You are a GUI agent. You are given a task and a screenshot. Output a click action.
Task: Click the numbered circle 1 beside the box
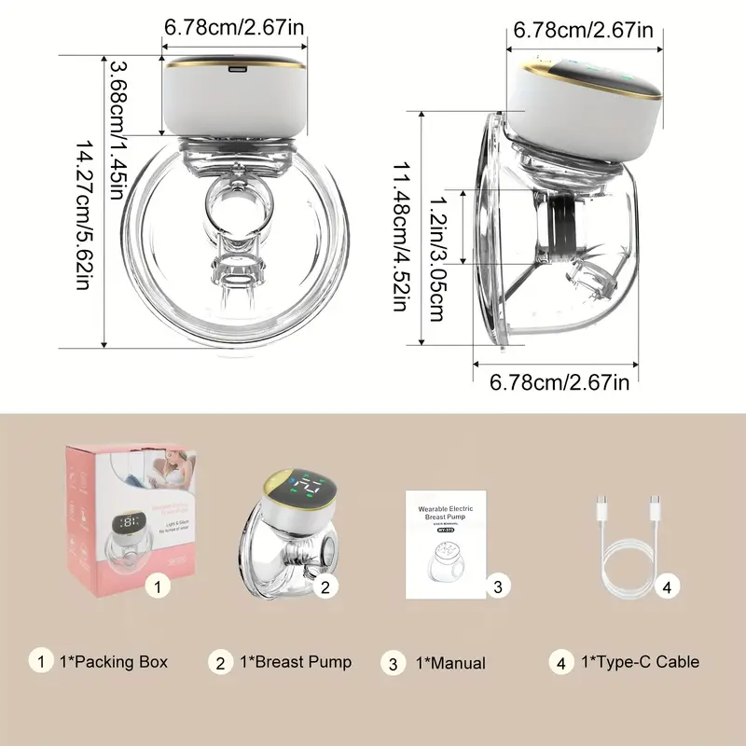(x=159, y=587)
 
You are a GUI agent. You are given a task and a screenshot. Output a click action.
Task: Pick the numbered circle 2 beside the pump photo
(x=325, y=587)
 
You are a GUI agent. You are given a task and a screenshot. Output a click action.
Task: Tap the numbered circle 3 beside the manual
(x=498, y=587)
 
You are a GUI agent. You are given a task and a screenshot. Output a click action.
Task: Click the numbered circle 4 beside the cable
(x=665, y=587)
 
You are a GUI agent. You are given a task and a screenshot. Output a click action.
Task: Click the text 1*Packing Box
(x=113, y=662)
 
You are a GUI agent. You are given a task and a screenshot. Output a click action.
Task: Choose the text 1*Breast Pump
(x=296, y=662)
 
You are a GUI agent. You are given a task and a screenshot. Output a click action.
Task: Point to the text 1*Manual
(x=449, y=663)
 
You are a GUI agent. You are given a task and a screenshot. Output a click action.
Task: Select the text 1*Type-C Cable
(x=640, y=662)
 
